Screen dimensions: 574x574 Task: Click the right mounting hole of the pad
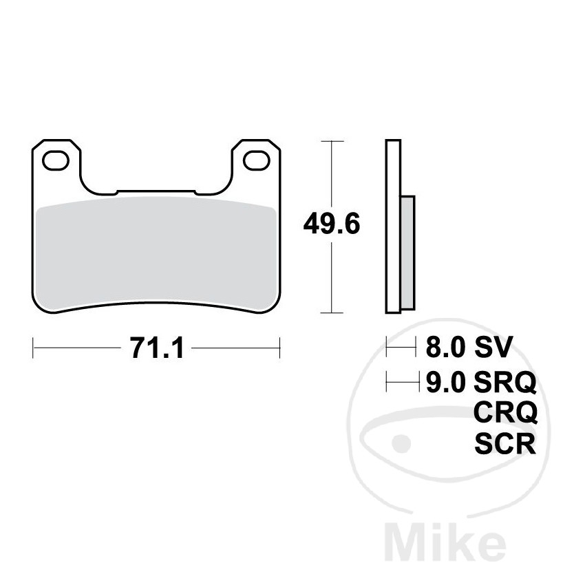[x=257, y=160]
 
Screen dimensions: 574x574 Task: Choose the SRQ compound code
[x=505, y=381]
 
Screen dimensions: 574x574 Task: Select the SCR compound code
[x=505, y=444]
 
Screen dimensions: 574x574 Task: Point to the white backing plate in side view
[x=392, y=227]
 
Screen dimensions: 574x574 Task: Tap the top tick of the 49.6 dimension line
[x=333, y=141]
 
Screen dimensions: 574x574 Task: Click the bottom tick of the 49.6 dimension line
[x=333, y=312]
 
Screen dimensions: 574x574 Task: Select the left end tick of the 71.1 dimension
[x=34, y=348]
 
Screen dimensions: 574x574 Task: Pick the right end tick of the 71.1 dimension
[x=279, y=348]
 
